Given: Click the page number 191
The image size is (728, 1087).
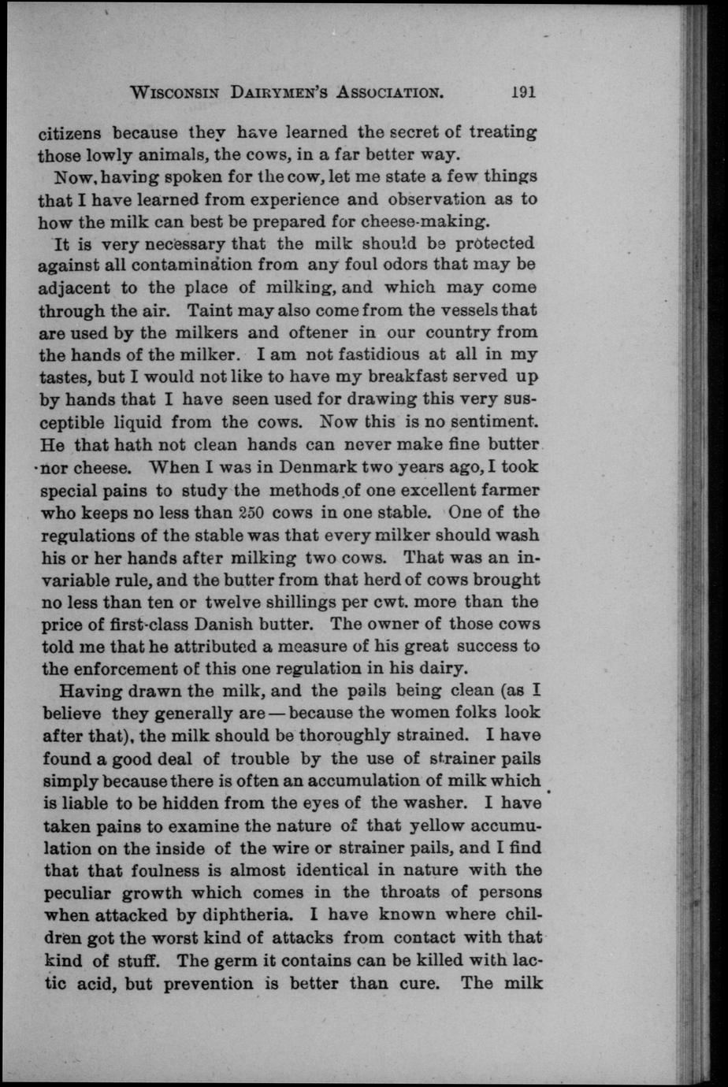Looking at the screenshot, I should (x=522, y=91).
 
